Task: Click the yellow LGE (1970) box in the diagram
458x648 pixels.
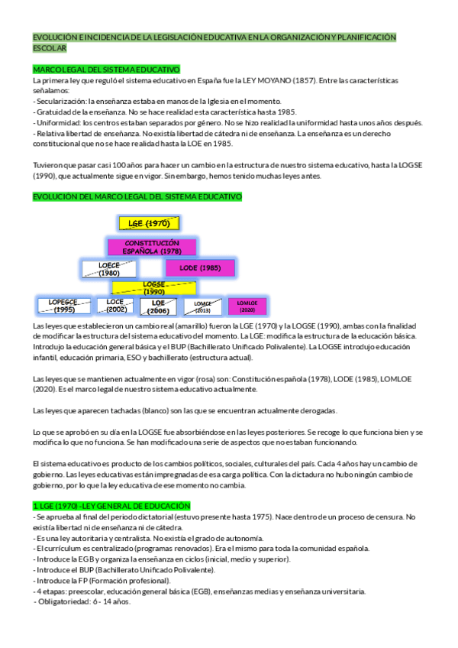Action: (x=149, y=223)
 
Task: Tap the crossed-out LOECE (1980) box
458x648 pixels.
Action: (x=109, y=268)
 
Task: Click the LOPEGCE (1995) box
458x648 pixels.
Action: (x=64, y=306)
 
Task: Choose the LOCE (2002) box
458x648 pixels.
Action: (x=116, y=306)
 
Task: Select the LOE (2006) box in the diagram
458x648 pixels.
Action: (x=159, y=306)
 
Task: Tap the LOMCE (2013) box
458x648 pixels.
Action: (x=202, y=307)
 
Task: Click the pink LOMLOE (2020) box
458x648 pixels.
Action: (x=247, y=306)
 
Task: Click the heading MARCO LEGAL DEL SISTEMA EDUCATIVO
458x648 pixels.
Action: (x=106, y=69)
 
